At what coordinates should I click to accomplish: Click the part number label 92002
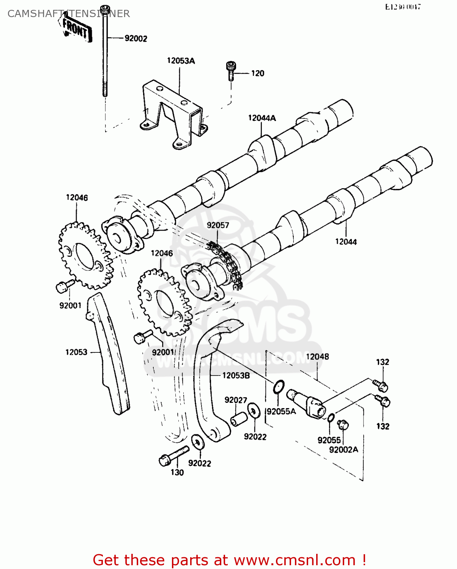136,38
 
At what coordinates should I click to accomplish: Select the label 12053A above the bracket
181,61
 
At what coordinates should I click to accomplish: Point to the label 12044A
262,118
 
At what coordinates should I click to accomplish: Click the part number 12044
346,242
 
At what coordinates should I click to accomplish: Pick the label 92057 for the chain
218,225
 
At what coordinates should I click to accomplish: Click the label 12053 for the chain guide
76,352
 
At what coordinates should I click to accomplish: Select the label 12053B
236,376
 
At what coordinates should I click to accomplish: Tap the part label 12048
317,357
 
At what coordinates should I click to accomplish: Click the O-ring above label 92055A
278,387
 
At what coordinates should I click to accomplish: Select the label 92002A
344,450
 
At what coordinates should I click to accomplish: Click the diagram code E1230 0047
403,7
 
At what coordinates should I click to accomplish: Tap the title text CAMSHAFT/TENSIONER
69,14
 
